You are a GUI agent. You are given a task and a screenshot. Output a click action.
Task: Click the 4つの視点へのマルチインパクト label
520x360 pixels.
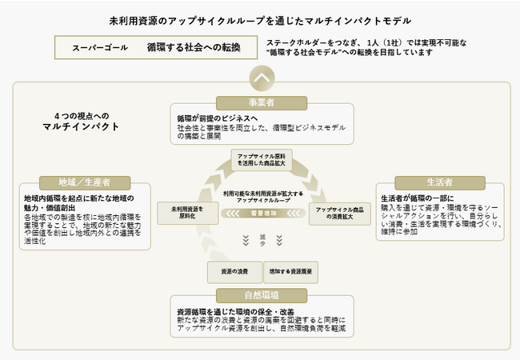(86, 121)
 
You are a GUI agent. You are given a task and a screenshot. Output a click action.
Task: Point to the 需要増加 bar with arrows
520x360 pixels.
(262, 214)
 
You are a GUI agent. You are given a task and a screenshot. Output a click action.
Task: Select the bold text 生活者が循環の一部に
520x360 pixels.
(416, 197)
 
